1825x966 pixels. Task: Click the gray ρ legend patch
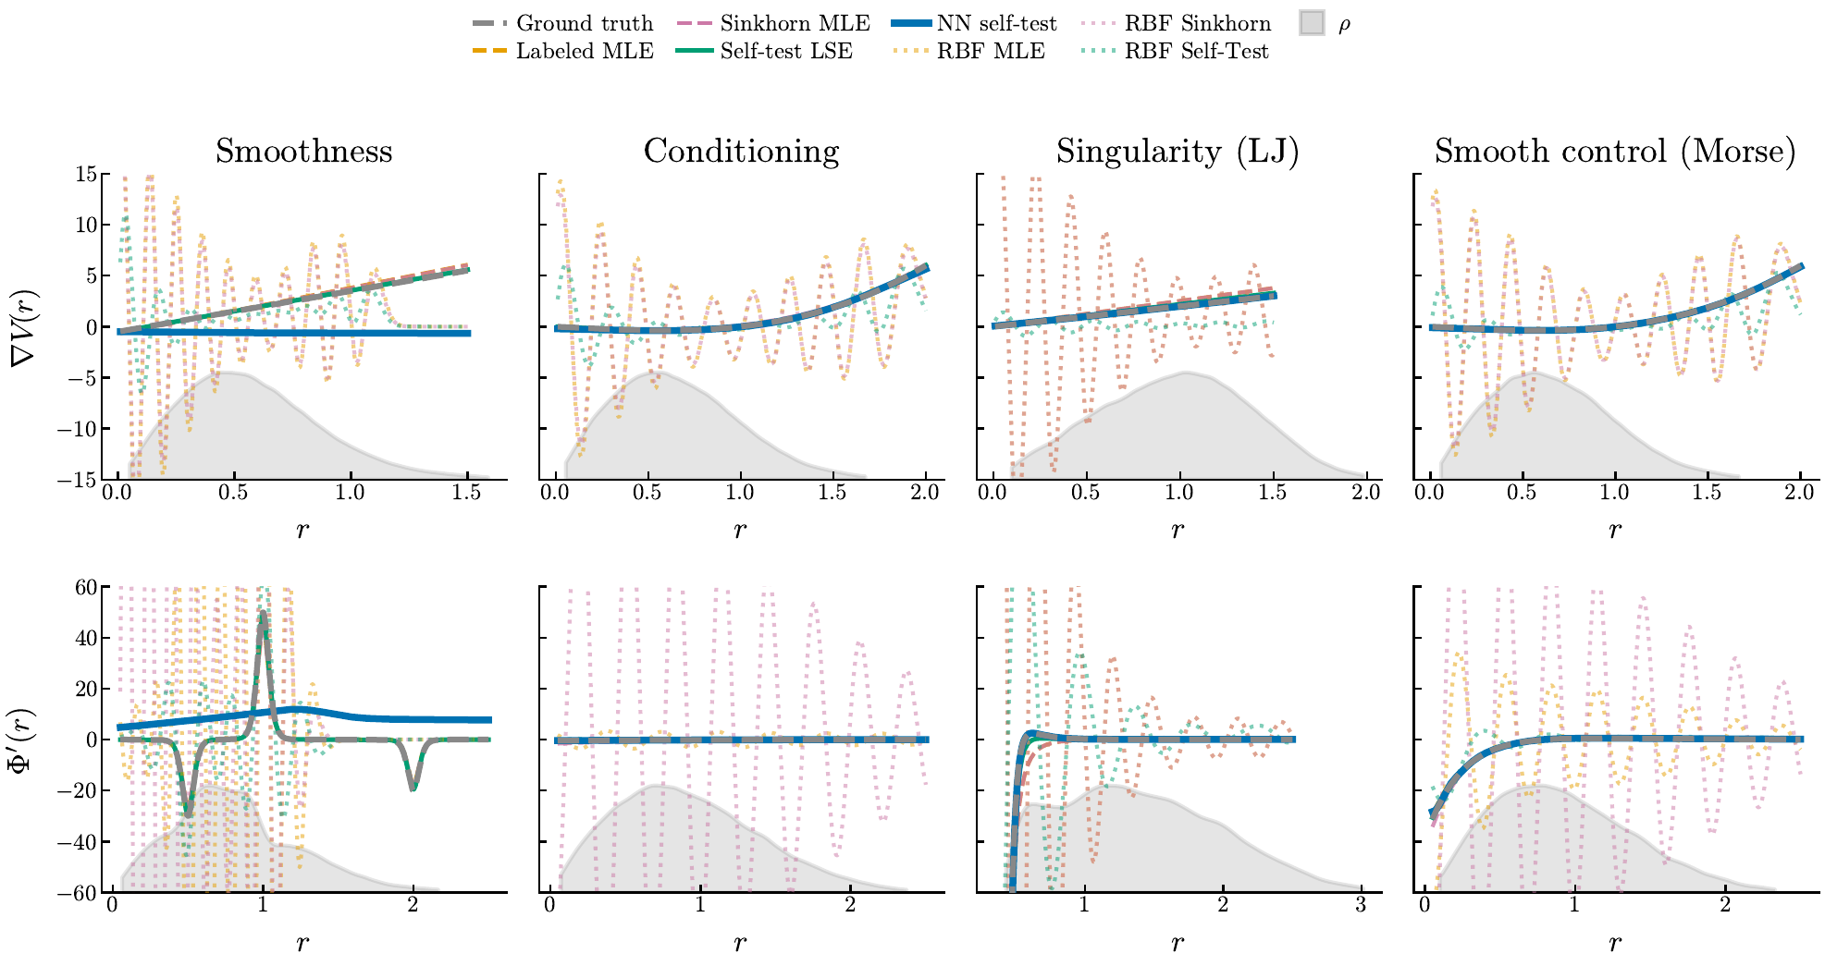click(1312, 23)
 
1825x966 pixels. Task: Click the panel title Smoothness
click(303, 151)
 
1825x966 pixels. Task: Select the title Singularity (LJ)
click(1177, 151)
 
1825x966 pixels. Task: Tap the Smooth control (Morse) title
click(1614, 151)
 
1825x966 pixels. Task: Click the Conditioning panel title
click(741, 151)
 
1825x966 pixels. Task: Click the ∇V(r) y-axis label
click(24, 327)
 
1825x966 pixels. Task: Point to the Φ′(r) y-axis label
click(24, 740)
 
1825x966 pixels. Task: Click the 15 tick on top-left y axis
click(87, 174)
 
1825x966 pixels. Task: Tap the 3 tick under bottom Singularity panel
click(1361, 906)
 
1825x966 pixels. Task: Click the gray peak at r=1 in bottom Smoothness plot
click(263, 614)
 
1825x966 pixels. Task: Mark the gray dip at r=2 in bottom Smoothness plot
click(413, 786)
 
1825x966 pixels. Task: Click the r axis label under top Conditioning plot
click(740, 531)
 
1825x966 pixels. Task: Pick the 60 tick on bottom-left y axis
click(87, 587)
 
